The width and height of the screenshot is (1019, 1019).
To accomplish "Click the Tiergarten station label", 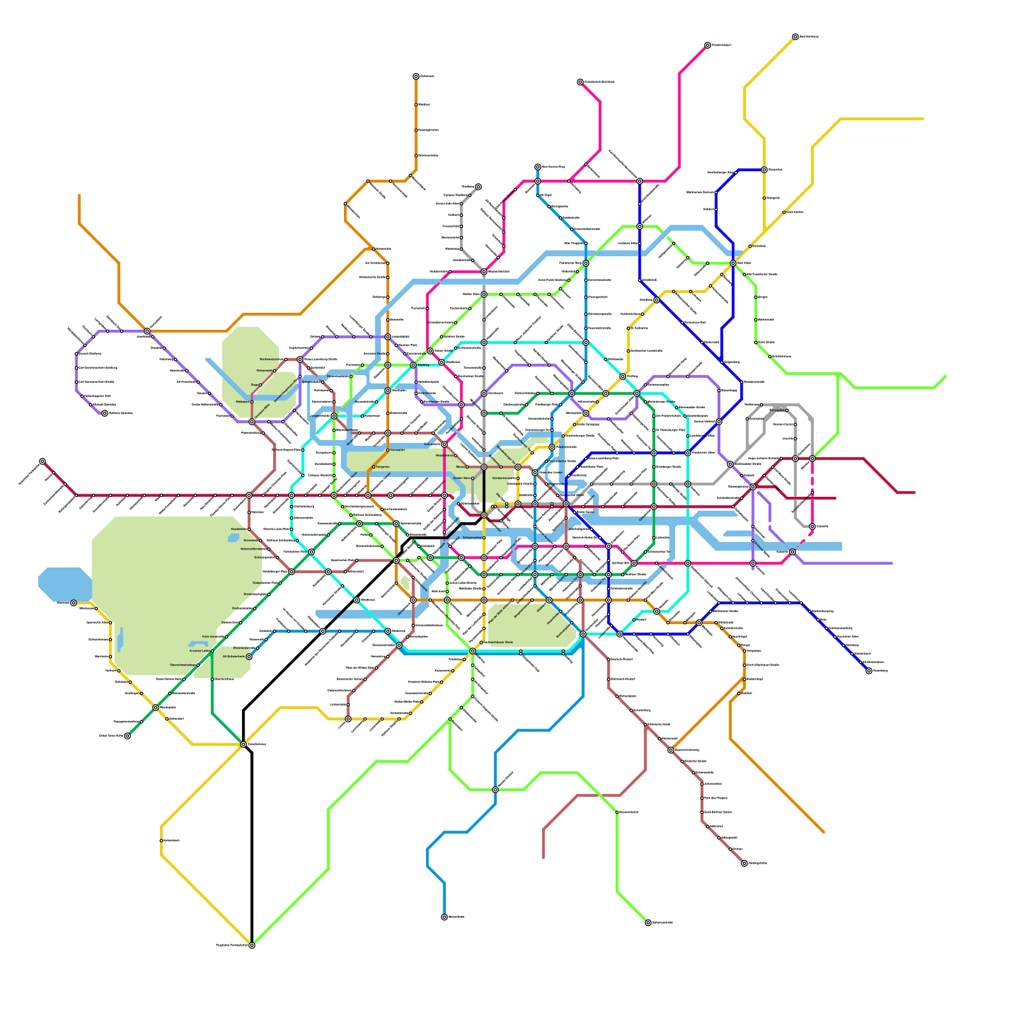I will (383, 467).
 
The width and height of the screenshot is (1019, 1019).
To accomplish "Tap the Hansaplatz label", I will (397, 450).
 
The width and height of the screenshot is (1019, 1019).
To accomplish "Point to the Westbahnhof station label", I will (444, 455).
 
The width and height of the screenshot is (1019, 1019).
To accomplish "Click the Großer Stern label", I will (462, 478).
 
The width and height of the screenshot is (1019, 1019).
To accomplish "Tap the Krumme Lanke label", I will (199, 651).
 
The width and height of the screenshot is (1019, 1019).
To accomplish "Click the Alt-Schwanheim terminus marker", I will (249, 657).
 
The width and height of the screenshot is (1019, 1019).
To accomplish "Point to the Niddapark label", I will (243, 402).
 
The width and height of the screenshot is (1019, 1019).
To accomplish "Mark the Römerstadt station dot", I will (275, 371).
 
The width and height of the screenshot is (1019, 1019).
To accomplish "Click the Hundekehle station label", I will (238, 529).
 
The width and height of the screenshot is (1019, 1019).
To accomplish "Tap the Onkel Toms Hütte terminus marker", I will (127, 736).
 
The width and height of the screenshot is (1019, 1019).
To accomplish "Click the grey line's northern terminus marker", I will (478, 187).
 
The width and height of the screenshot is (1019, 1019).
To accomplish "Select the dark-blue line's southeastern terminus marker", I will (869, 671).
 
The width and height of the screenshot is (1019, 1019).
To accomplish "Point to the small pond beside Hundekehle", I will (233, 538).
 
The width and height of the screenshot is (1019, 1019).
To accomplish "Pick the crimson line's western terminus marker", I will (42, 461).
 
